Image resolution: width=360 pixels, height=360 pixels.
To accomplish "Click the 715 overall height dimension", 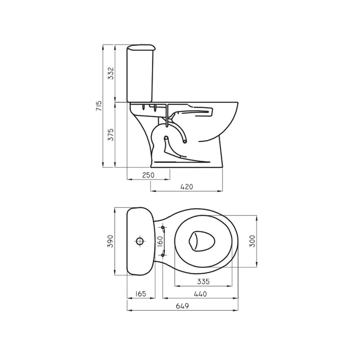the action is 99,106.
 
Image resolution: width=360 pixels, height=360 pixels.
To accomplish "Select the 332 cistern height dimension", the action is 111,73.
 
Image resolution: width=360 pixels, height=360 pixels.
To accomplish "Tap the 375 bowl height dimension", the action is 111,135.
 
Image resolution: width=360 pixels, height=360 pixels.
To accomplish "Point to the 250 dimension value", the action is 148,175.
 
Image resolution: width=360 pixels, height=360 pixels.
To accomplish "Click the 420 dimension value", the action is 187,186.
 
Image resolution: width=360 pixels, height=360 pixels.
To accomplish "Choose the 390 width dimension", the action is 111,241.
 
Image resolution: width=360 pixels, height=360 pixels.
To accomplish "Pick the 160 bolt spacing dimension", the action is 160,241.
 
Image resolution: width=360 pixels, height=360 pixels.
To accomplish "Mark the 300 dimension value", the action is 252,241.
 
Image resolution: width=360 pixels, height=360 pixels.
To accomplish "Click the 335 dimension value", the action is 203,281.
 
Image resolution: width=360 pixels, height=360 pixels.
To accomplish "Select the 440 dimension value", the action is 200,294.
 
